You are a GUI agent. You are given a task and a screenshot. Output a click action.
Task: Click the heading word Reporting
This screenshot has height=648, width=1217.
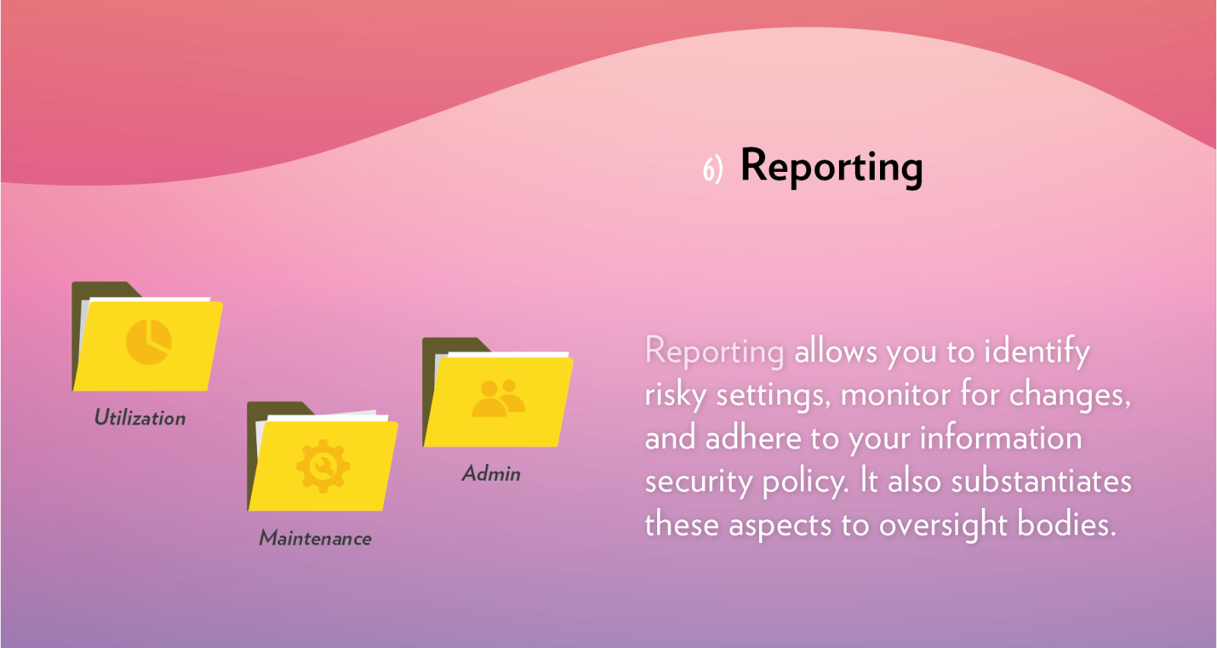coord(831,166)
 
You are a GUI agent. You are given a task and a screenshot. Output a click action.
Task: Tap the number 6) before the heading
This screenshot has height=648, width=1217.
coord(712,169)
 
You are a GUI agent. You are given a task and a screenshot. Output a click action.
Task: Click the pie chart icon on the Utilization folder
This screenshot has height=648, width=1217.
coord(148,341)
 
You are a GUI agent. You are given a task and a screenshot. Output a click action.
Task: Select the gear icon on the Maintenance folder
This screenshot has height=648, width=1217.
coord(323,465)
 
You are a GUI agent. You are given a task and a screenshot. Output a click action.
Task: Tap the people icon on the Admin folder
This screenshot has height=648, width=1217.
coord(498,399)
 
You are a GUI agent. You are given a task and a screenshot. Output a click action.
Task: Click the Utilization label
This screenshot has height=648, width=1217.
coord(140,418)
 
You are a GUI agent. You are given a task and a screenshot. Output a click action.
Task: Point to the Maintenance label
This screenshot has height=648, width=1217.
coord(316,538)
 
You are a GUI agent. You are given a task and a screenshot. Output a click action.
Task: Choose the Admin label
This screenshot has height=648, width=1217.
coord(491,474)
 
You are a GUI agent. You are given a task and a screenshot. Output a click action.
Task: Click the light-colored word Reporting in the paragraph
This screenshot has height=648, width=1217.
coord(713,351)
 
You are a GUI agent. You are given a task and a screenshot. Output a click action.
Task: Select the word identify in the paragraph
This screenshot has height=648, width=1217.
coord(1037,352)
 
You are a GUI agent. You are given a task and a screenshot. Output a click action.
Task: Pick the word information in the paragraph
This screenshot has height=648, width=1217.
coord(1000,438)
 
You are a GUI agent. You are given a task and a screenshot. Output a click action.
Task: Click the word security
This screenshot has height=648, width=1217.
coord(698,482)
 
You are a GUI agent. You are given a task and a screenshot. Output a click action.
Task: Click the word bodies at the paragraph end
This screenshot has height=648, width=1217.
coord(1066,525)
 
